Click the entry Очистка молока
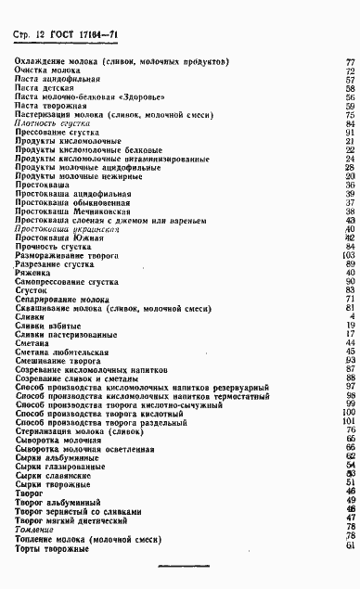[45, 70]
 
